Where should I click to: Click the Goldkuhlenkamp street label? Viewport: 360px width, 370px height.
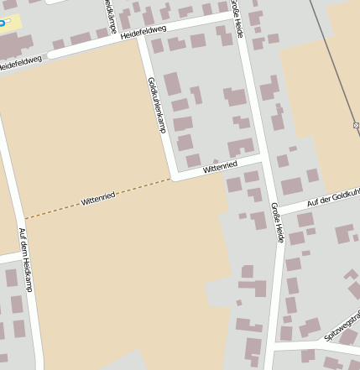[157, 105]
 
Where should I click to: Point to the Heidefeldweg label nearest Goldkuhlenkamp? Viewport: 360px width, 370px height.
[144, 34]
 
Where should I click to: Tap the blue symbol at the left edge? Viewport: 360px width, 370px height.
[3, 23]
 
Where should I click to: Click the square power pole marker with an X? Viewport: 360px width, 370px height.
[357, 125]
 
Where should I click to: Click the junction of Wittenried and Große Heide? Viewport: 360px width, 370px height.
[263, 159]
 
